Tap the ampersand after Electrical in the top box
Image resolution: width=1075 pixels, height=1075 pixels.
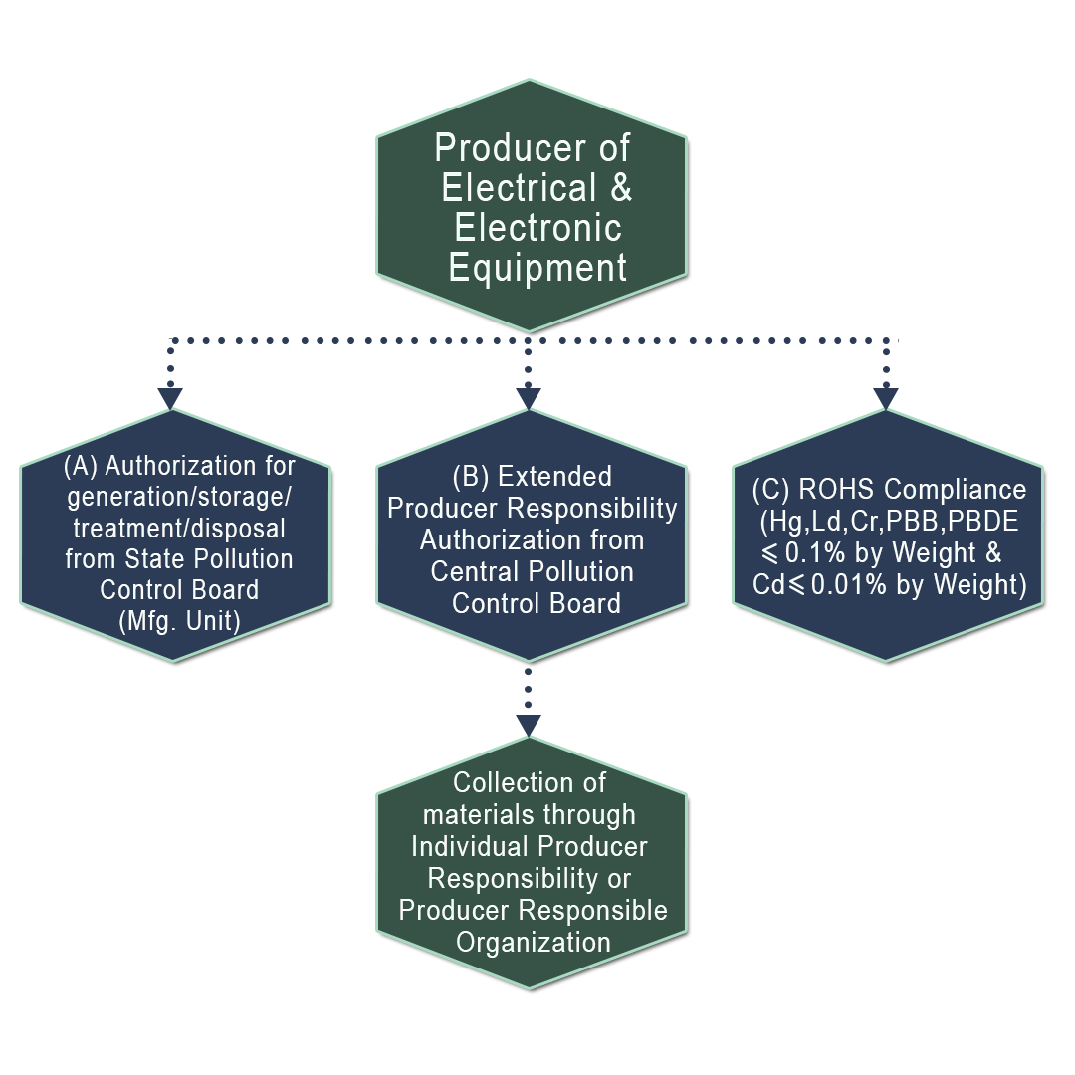click(620, 187)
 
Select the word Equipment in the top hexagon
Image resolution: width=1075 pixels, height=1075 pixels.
click(537, 268)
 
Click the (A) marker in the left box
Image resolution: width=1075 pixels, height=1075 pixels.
click(81, 465)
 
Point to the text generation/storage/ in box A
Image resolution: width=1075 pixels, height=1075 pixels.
click(179, 497)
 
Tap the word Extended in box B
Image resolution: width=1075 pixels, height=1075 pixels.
click(554, 477)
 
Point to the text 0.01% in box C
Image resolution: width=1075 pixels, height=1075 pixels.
click(851, 585)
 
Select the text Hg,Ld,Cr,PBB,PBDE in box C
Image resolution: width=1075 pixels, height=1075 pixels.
click(889, 522)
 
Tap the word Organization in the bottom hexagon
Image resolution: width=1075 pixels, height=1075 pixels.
click(534, 942)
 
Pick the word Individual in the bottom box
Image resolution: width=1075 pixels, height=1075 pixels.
click(470, 846)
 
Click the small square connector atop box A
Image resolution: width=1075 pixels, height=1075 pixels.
click(170, 397)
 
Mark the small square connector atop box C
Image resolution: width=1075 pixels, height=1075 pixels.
click(885, 397)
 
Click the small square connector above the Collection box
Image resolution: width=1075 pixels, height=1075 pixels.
click(529, 724)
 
